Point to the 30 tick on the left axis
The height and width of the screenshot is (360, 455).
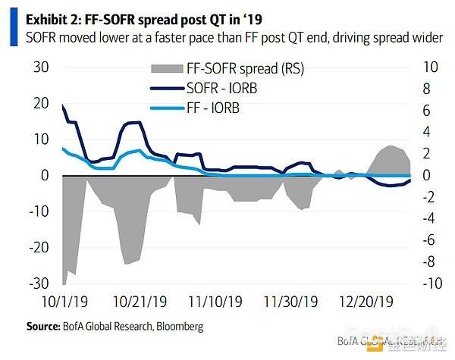tap(39, 67)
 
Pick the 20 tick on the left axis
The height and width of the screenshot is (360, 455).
tap(39, 104)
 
